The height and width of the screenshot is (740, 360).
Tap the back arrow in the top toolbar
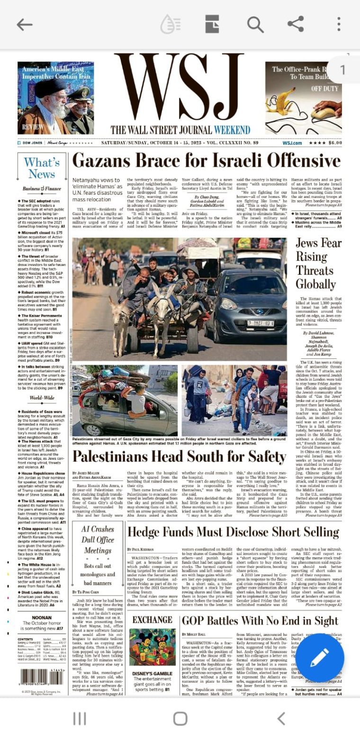(25, 25)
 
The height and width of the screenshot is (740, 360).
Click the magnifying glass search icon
(255, 25)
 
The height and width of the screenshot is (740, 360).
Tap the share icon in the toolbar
(296, 24)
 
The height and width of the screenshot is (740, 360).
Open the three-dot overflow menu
(339, 25)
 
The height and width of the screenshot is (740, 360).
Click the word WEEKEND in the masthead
(232, 130)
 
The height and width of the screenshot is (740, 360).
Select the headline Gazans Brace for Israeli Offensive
(206, 161)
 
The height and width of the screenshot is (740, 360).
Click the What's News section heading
(42, 168)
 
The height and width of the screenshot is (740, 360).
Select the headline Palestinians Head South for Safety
(179, 456)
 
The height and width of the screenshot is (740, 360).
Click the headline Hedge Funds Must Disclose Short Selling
(233, 532)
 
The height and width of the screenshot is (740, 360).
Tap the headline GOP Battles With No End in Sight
(260, 621)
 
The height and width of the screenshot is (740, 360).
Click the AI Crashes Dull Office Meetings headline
(98, 540)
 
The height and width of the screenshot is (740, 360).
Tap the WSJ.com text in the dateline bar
(292, 143)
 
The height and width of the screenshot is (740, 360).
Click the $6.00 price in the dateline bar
(335, 143)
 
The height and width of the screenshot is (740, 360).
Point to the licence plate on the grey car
(261, 323)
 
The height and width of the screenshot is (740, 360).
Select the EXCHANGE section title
(152, 620)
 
